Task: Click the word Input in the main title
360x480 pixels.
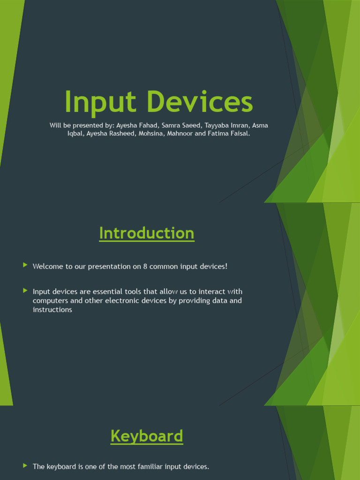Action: click(x=97, y=102)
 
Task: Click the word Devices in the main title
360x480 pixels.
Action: click(x=192, y=102)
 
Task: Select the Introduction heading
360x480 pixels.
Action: click(x=147, y=233)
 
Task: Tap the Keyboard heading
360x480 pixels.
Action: click(x=147, y=436)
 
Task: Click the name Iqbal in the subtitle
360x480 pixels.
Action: click(x=75, y=133)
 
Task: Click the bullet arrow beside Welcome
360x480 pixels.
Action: click(x=25, y=265)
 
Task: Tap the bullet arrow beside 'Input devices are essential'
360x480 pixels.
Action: click(x=25, y=291)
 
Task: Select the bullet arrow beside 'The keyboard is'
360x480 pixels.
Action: click(x=25, y=465)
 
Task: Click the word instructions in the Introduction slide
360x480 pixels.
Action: click(x=52, y=309)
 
